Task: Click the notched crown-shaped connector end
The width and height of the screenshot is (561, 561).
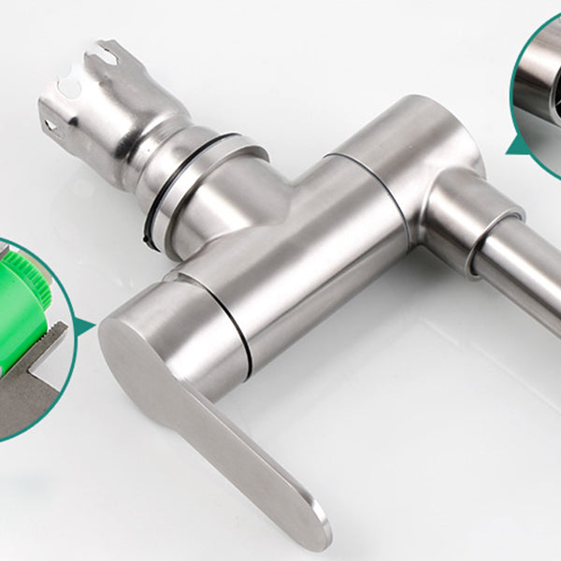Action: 89,93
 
